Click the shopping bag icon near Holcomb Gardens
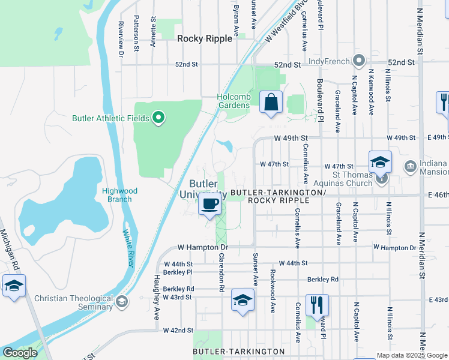pyautogui.click(x=271, y=102)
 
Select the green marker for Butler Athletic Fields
pyautogui.click(x=158, y=118)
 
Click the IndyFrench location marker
pyautogui.click(x=359, y=61)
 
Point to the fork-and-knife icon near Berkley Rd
pyautogui.click(x=317, y=304)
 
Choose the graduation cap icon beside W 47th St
pyautogui.click(x=380, y=162)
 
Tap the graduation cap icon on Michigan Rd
pyautogui.click(x=14, y=286)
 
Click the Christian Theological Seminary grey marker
pyautogui.click(x=122, y=301)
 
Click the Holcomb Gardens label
pyautogui.click(x=233, y=101)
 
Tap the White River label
pyautogui.click(x=128, y=248)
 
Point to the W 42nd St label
pyautogui.click(x=178, y=331)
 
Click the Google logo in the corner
pyautogui.click(x=20, y=353)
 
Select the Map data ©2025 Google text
pyautogui.click(x=411, y=355)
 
